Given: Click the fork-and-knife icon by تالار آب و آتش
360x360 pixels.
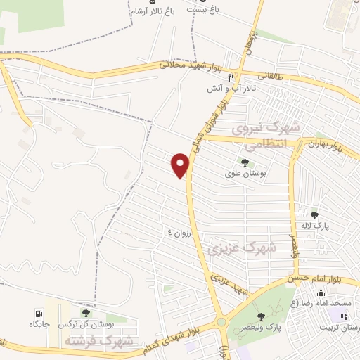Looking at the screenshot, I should click(x=239, y=78).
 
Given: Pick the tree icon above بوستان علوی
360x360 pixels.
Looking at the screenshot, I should click(x=245, y=162).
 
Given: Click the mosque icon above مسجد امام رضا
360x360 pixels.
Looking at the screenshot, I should click(x=321, y=293).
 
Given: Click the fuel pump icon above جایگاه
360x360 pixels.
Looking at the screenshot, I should click(x=37, y=314).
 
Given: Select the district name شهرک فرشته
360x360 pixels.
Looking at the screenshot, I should click(x=98, y=341).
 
